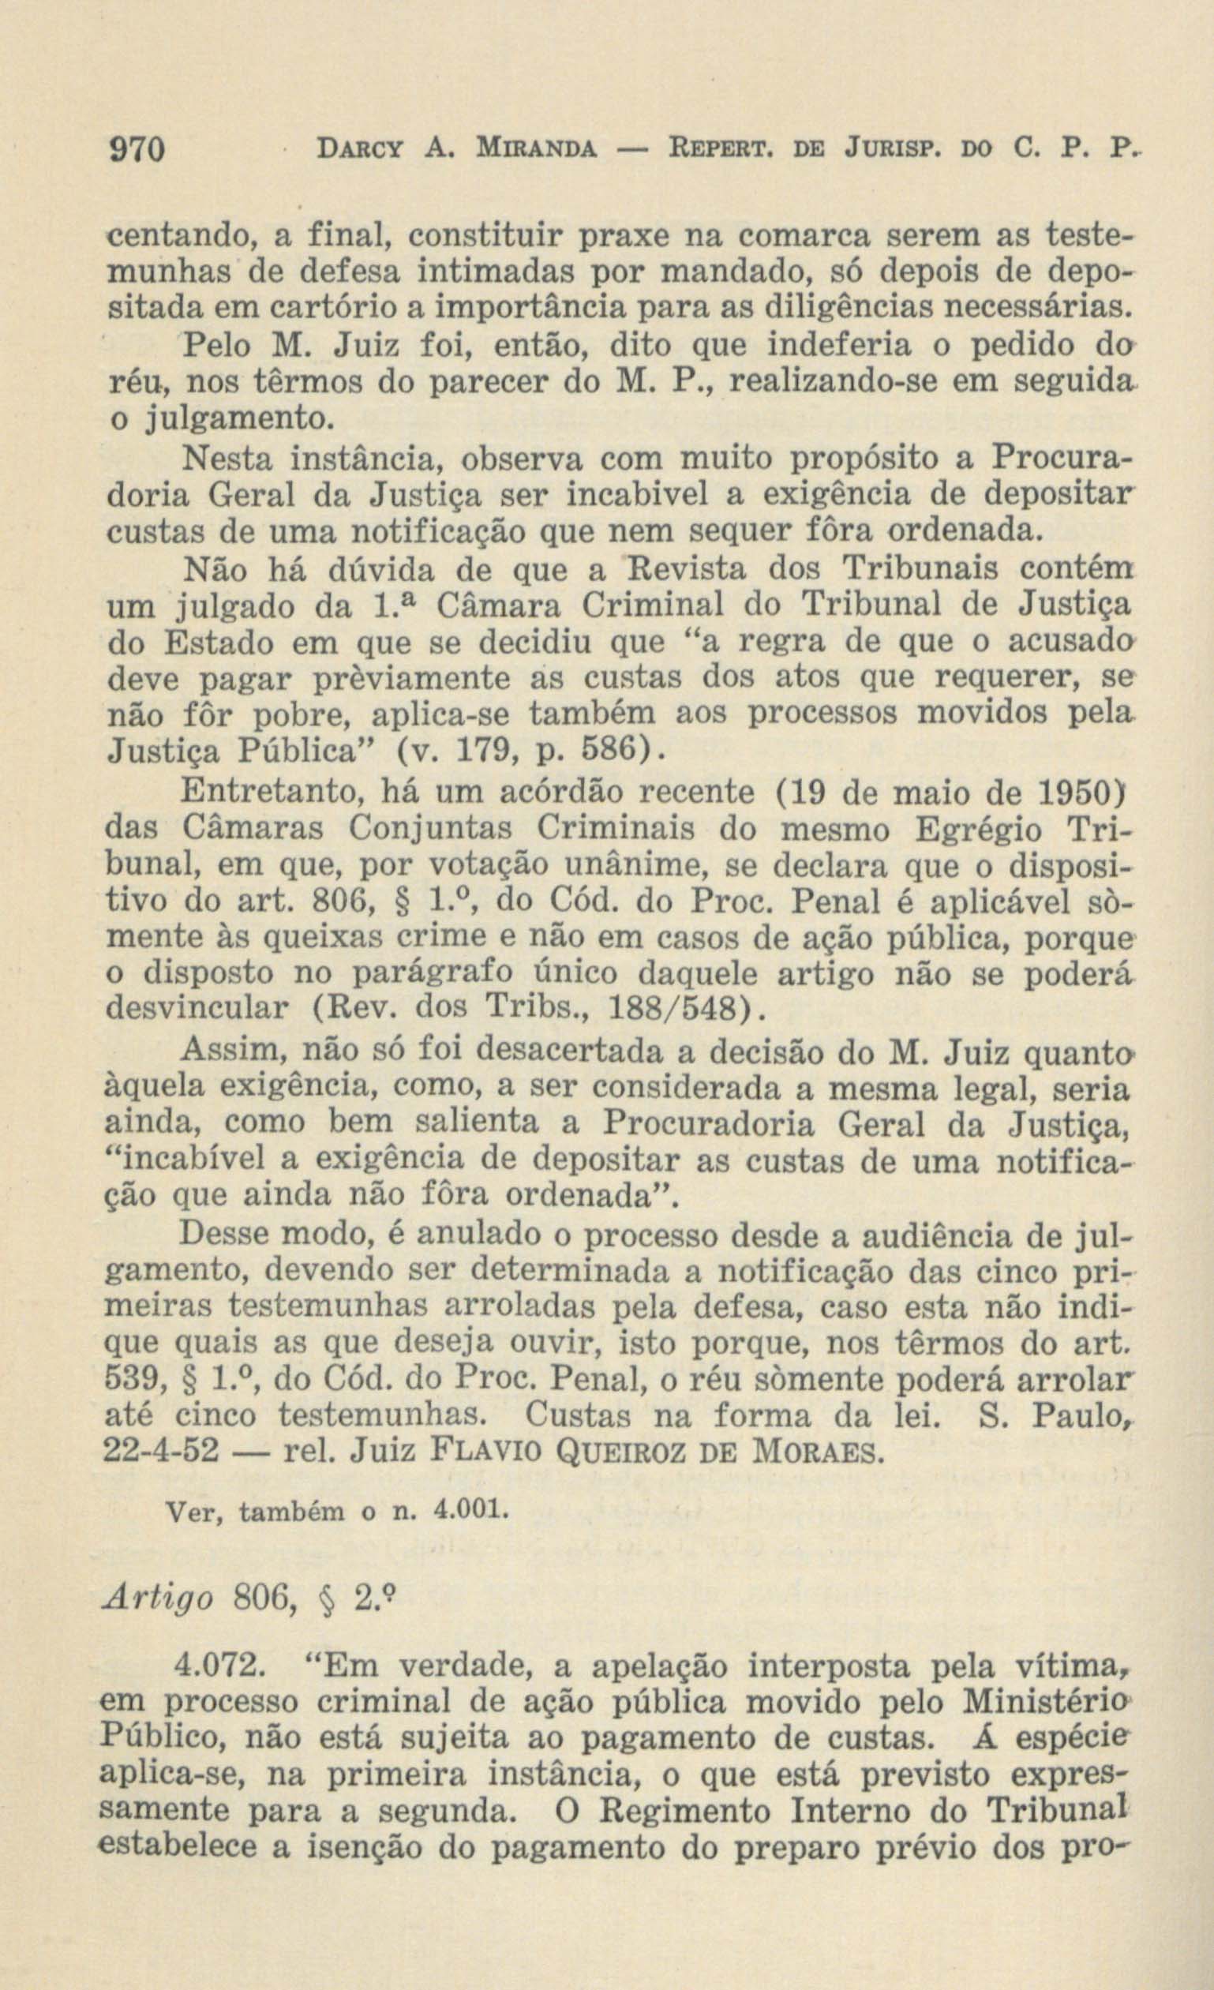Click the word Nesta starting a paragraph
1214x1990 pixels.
228,459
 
